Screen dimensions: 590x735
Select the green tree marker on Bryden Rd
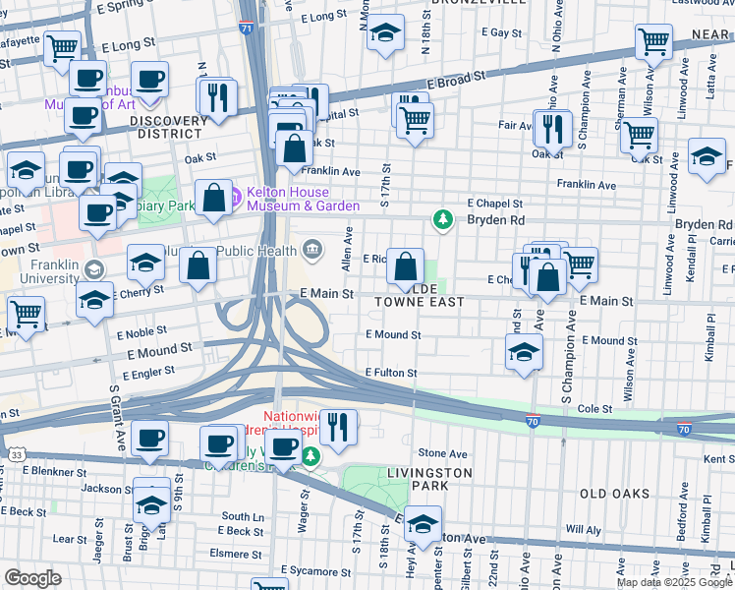pyautogui.click(x=443, y=218)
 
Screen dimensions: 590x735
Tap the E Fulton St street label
pyautogui.click(x=391, y=373)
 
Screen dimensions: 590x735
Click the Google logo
pyautogui.click(x=33, y=577)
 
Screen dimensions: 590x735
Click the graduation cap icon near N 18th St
pyautogui.click(x=385, y=32)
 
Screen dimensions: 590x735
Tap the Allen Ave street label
pyautogui.click(x=347, y=250)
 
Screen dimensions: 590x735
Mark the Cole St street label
pyautogui.click(x=595, y=408)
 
